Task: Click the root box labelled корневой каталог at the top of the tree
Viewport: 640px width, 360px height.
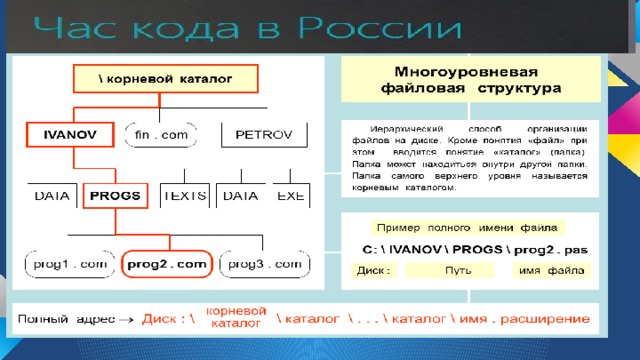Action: point(165,78)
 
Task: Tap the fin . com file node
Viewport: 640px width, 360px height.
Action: point(161,133)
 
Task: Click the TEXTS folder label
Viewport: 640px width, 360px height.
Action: point(185,196)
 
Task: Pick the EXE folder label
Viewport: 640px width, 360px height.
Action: point(291,196)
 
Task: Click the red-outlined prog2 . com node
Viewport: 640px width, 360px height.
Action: point(166,264)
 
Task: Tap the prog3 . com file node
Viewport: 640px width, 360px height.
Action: point(263,264)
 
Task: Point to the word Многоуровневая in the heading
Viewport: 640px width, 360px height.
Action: point(467,73)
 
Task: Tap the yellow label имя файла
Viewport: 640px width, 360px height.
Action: point(551,271)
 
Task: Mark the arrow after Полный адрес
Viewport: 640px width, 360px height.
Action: point(126,321)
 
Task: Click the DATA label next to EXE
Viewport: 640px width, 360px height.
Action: point(240,196)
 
